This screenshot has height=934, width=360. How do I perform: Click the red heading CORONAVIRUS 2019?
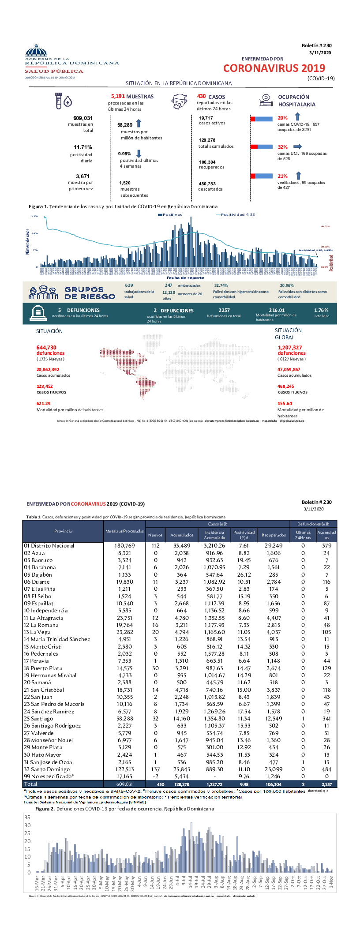pyautogui.click(x=274, y=68)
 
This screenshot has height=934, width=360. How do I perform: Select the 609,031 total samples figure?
pyautogui.click(x=83, y=118)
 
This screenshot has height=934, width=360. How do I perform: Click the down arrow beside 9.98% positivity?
pyautogui.click(x=139, y=154)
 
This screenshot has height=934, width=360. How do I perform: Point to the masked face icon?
pyautogui.click(x=179, y=101)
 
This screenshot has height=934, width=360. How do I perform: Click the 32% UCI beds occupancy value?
pyautogui.click(x=282, y=147)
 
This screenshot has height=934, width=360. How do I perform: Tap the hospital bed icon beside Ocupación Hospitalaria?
pyautogui.click(x=265, y=101)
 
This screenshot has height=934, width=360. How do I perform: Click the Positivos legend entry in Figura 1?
pyautogui.click(x=170, y=215)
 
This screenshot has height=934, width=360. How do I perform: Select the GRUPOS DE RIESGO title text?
pyautogui.click(x=90, y=293)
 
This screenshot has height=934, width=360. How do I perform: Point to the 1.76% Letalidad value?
pyautogui.click(x=321, y=310)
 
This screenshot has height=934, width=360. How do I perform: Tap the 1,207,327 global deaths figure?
pyautogui.click(x=290, y=348)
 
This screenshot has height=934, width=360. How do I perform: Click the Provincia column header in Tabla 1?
pyautogui.click(x=63, y=531)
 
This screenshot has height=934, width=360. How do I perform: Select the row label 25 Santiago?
pyautogui.click(x=38, y=719)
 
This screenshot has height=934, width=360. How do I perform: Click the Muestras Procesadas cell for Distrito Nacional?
pyautogui.click(x=124, y=546)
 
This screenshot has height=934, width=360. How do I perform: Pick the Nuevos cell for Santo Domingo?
pyautogui.click(x=155, y=769)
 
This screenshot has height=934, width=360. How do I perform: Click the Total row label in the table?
pyautogui.click(x=30, y=784)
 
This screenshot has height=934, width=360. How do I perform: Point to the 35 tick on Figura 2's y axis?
pyautogui.click(x=27, y=818)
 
